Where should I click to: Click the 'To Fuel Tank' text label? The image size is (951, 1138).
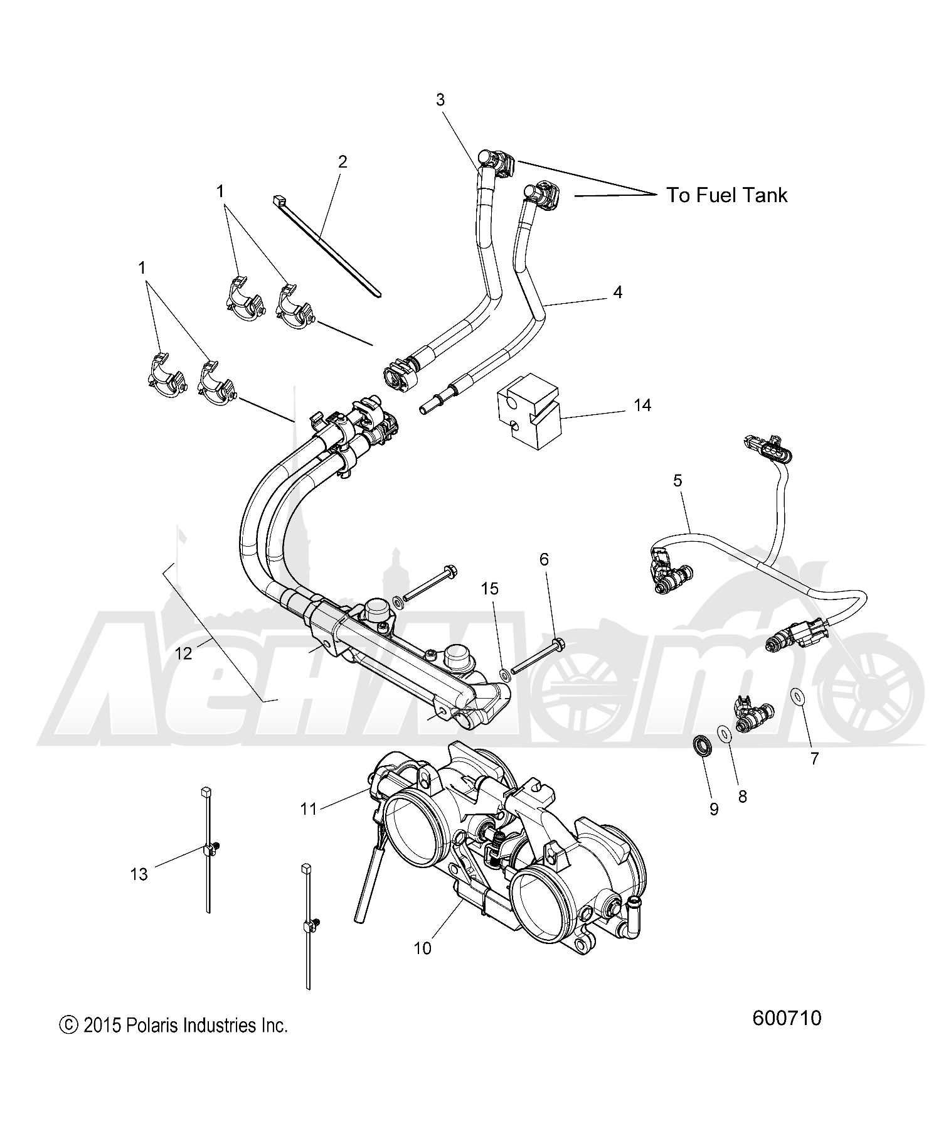pyautogui.click(x=726, y=195)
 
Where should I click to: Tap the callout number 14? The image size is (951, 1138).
pyautogui.click(x=642, y=405)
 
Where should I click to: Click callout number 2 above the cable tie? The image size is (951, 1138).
pyautogui.click(x=342, y=162)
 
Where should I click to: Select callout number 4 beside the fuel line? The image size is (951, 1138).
pyautogui.click(x=618, y=292)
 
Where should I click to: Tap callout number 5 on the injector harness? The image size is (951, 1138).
pyautogui.click(x=677, y=481)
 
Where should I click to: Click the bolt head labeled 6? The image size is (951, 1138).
pyautogui.click(x=560, y=642)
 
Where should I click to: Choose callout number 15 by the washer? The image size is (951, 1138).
pyautogui.click(x=489, y=589)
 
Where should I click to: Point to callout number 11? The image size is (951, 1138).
pyautogui.click(x=309, y=809)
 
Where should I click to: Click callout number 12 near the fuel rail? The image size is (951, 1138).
pyautogui.click(x=183, y=653)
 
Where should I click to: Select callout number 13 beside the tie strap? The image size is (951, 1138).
pyautogui.click(x=139, y=874)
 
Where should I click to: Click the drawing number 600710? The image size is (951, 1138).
pyautogui.click(x=787, y=1018)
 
